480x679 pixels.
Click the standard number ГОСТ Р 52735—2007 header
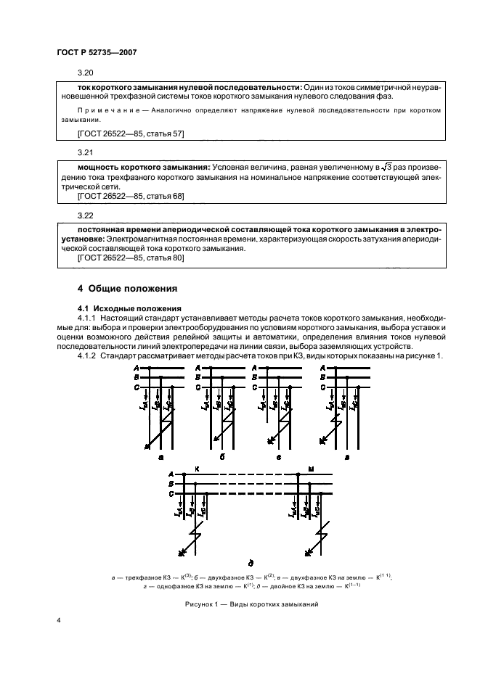click(97, 52)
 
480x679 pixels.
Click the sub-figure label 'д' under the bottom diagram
click(251, 563)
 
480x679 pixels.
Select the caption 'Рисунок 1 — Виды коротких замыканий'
click(251, 604)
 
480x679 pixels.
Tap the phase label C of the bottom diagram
click(171, 494)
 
